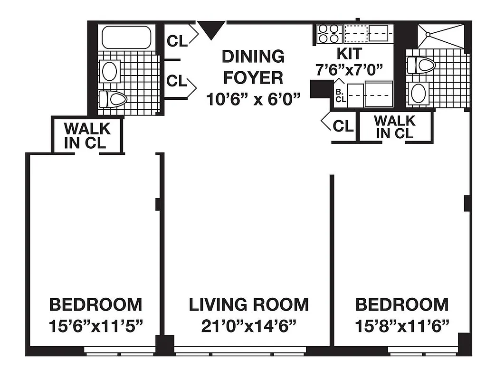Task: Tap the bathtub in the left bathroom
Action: (126, 38)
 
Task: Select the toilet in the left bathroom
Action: (113, 99)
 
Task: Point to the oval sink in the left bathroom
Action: (110, 71)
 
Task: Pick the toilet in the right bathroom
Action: (421, 65)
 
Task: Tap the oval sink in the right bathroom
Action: (419, 93)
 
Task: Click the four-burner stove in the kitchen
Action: (329, 34)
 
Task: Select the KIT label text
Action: (349, 53)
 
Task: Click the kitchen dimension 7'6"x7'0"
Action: (349, 70)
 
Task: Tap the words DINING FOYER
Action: (253, 66)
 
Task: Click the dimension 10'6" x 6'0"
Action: (254, 99)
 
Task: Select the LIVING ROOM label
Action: (248, 304)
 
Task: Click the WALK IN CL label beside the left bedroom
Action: (87, 135)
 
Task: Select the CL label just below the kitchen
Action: (343, 126)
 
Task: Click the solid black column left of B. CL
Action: (321, 89)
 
